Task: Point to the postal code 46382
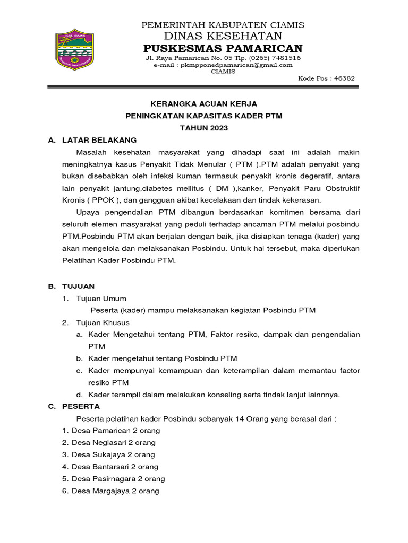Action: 343,78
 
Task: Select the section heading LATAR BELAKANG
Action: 99,140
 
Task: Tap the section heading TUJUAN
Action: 78,286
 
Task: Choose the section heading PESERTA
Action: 81,406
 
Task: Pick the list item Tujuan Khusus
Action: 103,322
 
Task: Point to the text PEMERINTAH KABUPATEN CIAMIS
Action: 222,25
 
